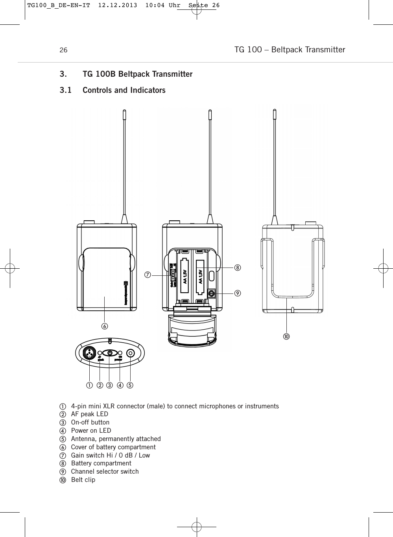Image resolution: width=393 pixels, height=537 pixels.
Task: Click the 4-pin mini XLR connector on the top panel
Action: [x=89, y=353]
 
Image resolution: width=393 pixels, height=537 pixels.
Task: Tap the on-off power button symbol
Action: [x=110, y=353]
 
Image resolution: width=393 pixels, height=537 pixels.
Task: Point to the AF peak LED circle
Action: [x=100, y=353]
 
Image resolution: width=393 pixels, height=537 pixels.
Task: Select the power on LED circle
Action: [x=120, y=353]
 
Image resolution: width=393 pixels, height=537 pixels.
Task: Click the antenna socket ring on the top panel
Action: [x=131, y=353]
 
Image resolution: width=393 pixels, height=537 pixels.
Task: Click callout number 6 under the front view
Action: [x=105, y=326]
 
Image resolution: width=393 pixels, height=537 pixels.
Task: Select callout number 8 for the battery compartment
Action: [x=238, y=268]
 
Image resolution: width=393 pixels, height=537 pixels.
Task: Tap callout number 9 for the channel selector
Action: [x=238, y=293]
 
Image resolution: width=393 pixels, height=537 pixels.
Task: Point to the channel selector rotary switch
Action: [x=211, y=293]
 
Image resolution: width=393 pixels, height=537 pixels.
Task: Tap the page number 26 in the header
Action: [x=63, y=50]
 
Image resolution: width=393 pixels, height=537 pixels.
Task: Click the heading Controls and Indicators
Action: [x=124, y=90]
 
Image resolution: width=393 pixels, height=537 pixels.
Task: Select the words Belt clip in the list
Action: [x=83, y=480]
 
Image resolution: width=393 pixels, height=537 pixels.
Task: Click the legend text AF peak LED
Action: [x=89, y=414]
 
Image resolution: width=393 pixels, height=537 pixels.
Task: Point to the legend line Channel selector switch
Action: [x=105, y=471]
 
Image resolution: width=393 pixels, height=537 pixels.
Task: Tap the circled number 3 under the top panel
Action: [x=109, y=385]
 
